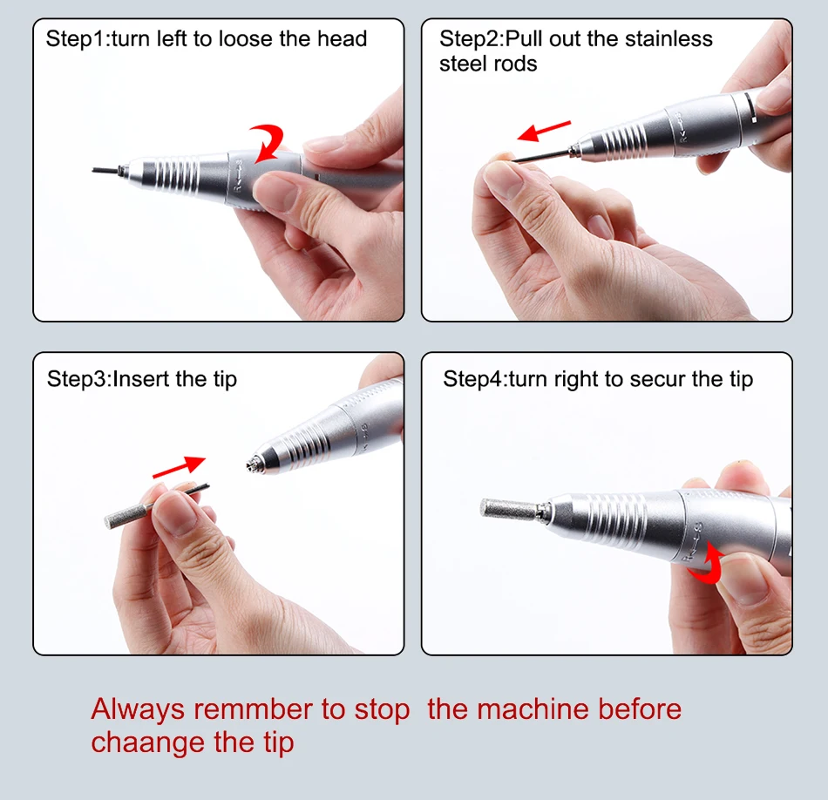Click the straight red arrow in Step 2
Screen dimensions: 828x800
pos(544,131)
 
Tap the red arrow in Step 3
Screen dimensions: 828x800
pos(179,467)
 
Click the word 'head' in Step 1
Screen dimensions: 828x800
pos(342,39)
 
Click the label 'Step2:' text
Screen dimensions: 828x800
pos(472,40)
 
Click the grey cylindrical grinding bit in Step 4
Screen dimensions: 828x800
pos(508,509)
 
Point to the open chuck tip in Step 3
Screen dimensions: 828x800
pos(254,464)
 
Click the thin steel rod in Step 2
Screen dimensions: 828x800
pos(543,156)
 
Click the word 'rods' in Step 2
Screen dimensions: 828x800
pos(516,64)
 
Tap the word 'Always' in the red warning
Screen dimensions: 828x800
pos(138,709)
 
